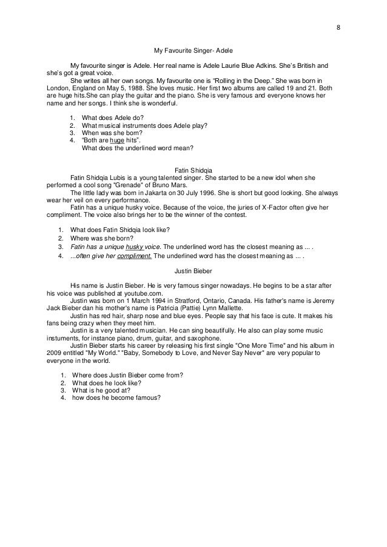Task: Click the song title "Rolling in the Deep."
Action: (237, 80)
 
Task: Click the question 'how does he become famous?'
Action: (116, 397)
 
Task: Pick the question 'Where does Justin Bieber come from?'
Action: (127, 374)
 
